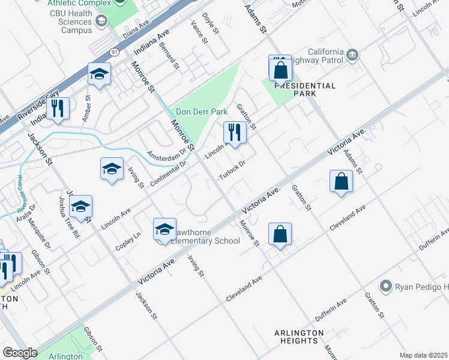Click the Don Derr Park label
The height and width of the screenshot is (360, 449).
click(x=201, y=112)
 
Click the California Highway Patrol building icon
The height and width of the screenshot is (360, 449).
click(x=352, y=56)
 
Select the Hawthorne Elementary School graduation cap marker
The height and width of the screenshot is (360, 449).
click(x=164, y=230)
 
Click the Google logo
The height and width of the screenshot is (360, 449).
click(x=20, y=353)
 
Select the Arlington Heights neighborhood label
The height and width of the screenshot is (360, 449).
click(x=299, y=337)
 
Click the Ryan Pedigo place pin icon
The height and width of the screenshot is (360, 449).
click(x=386, y=286)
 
